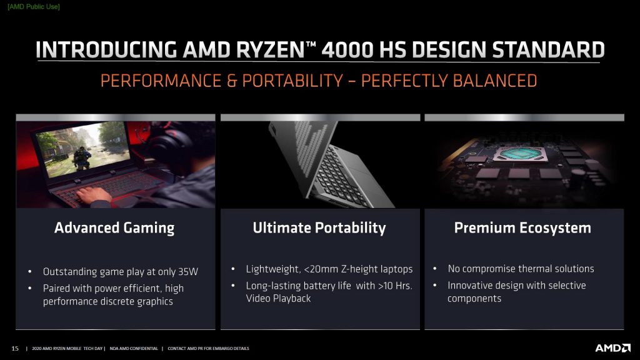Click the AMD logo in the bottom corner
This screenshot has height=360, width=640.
(612, 347)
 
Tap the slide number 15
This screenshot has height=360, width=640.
(15, 348)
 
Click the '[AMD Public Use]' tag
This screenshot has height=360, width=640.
(34, 6)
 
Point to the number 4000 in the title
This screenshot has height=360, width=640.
(347, 50)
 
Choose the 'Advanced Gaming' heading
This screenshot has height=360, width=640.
(114, 227)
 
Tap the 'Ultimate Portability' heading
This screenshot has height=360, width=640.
(319, 227)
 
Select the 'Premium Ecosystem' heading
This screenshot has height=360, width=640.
(522, 227)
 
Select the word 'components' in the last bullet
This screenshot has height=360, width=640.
(474, 298)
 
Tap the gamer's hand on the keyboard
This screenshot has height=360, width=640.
(93, 195)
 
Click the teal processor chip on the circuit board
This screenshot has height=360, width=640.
(519, 154)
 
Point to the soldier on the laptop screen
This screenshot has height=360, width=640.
(82, 157)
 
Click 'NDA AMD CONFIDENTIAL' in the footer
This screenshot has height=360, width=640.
(134, 349)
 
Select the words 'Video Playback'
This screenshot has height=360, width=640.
(278, 298)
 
